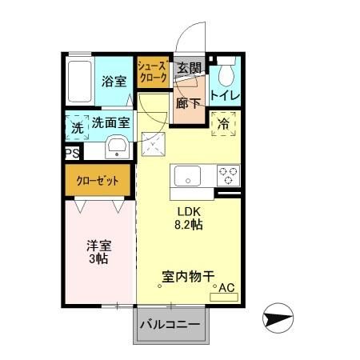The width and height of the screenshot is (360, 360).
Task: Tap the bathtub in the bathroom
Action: point(80,81)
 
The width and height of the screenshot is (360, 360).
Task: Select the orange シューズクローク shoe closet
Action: point(152,73)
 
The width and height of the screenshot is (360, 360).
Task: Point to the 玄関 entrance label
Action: point(188,69)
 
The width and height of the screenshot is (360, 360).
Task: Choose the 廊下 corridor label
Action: point(190,103)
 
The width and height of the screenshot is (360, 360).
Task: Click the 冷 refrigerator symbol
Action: point(223,124)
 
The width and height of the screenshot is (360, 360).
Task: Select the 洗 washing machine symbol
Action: point(76,126)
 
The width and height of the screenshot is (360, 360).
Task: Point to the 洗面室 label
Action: point(110,123)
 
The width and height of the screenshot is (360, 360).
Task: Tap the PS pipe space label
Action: point(71,151)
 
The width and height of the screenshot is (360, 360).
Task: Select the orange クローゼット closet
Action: point(98,181)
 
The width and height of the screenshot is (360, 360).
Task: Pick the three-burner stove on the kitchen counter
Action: point(226,175)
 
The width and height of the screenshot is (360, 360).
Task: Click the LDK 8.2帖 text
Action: point(190,218)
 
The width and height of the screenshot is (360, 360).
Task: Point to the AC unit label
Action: point(226,288)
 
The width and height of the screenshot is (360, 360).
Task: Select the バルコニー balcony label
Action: point(170,325)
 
